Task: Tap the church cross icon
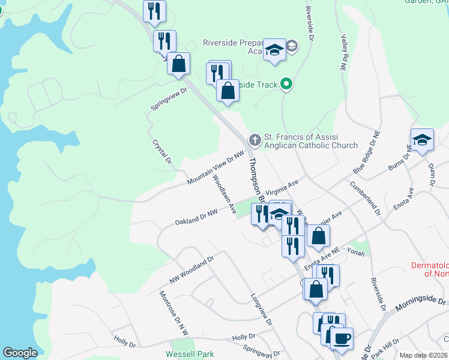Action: click(x=255, y=140)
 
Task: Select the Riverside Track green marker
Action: click(x=286, y=85)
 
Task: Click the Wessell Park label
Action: click(x=190, y=354)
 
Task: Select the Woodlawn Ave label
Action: click(x=224, y=193)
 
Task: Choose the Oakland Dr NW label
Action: click(x=196, y=217)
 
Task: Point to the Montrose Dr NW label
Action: click(x=173, y=312)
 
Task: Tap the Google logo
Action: click(x=20, y=353)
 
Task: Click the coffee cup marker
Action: click(x=342, y=339)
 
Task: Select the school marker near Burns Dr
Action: click(x=422, y=140)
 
